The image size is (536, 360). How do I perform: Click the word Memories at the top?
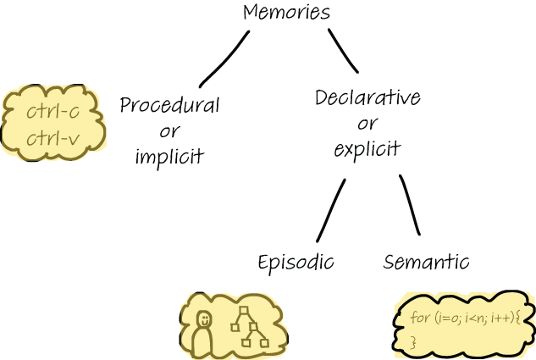(x=286, y=13)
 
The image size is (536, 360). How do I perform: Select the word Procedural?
(x=169, y=105)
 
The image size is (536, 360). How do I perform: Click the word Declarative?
(x=367, y=97)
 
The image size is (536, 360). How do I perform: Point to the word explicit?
(x=367, y=151)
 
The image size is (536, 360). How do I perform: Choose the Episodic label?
(x=296, y=262)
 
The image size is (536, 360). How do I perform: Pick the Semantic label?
(x=426, y=262)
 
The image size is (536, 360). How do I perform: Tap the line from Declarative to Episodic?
(x=330, y=210)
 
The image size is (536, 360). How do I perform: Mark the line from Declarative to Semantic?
(x=410, y=206)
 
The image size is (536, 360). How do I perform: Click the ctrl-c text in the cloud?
(x=52, y=111)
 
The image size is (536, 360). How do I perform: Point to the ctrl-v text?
(x=52, y=138)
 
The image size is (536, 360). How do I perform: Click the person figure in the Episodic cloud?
(x=202, y=333)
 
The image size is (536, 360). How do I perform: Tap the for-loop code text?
(x=461, y=318)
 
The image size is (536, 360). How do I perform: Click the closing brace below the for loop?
(x=414, y=341)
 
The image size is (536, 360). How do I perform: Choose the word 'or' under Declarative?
(x=367, y=124)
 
